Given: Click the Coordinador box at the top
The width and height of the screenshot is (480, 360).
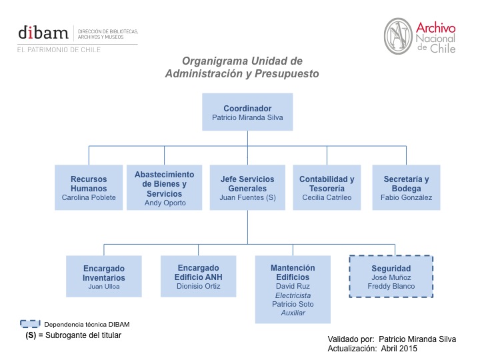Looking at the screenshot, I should point(247,113).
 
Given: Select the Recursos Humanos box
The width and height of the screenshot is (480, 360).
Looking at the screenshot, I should point(89,187).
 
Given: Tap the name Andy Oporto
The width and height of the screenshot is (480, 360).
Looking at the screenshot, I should point(165,203).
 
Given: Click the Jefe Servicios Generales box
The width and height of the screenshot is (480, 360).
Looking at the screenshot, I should point(247,187).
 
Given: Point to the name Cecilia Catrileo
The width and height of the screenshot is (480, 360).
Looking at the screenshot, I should point(327,197).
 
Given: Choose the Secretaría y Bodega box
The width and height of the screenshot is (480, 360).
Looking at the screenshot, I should point(406,187).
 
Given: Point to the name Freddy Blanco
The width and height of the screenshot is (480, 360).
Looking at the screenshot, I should point(391,287).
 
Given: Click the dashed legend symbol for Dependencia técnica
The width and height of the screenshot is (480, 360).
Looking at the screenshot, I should point(30,324).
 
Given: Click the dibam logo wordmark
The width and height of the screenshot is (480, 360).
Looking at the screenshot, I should point(43,33).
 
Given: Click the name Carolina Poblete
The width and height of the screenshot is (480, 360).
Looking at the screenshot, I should point(89,197).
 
